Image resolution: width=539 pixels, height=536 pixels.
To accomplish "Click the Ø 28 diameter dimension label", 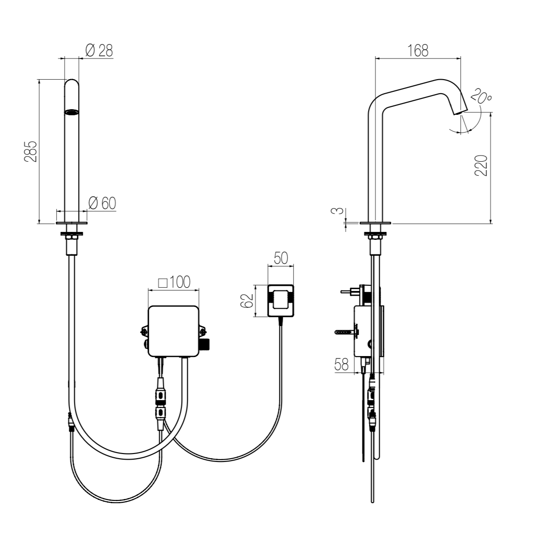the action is [99, 51].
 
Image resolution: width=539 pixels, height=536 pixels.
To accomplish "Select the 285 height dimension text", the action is [31, 151].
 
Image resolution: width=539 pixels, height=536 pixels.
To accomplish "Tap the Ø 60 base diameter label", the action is [102, 203].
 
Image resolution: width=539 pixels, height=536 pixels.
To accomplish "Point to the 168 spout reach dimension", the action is [418, 51].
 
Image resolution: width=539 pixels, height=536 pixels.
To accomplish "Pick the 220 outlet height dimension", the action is [481, 165].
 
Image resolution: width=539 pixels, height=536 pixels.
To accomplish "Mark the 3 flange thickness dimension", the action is [340, 210].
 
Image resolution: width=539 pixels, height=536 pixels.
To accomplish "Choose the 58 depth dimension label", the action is [341, 365].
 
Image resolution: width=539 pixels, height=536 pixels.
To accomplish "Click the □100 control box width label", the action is [174, 282].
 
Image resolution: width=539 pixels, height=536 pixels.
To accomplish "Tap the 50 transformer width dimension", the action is [281, 258].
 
